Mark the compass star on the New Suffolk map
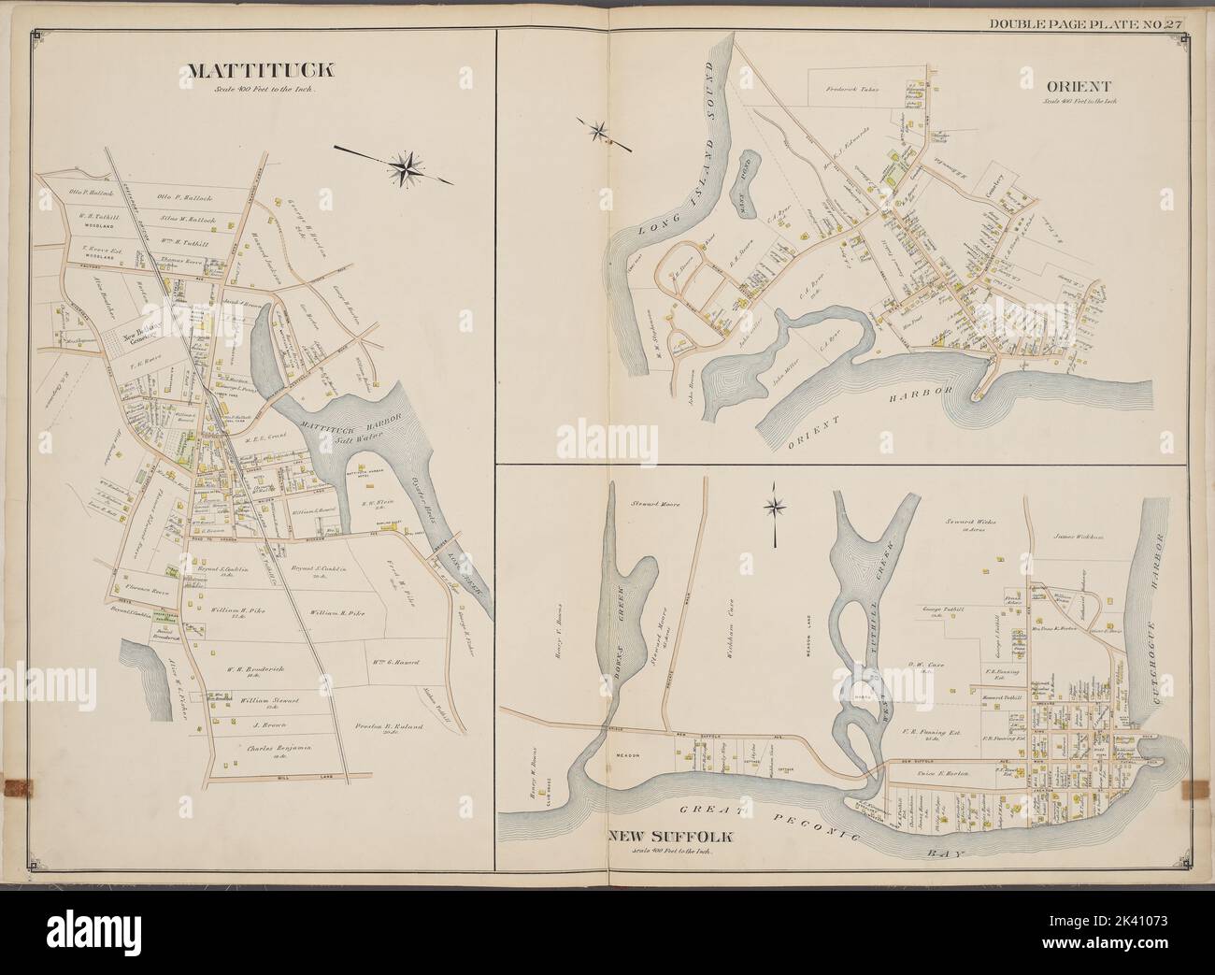pyautogui.click(x=774, y=508)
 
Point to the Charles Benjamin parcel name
pyautogui.click(x=259, y=749)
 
